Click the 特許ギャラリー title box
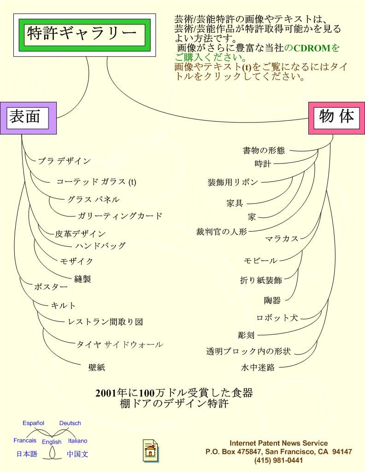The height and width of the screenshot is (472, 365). coord(85,35)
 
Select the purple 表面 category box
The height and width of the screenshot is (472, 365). coord(28,118)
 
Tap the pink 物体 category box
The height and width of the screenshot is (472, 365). coord(337,118)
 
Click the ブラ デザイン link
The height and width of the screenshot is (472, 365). coord(65,161)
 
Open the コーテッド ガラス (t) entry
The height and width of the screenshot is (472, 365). coord(96,182)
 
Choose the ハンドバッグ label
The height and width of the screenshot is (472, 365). coord(100,245)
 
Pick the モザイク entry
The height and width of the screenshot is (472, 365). coord(77,261)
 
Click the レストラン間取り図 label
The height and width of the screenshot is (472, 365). coord(106,322)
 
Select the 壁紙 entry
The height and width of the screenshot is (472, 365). coord(97,367)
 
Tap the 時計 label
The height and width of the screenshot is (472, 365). coord(263,164)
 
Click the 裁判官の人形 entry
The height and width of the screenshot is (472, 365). coord(222,232)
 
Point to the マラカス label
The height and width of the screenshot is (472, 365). coord(282,239)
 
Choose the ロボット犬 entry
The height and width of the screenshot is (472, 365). coord(277,318)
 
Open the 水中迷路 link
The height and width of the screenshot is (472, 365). coord(258,367)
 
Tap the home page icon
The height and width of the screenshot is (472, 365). coord(151,450)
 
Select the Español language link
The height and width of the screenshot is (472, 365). coord(34,423)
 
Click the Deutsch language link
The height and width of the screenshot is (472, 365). coord(70,423)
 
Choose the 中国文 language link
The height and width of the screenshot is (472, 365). coord(77,454)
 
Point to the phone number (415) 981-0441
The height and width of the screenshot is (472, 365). coord(278,460)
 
